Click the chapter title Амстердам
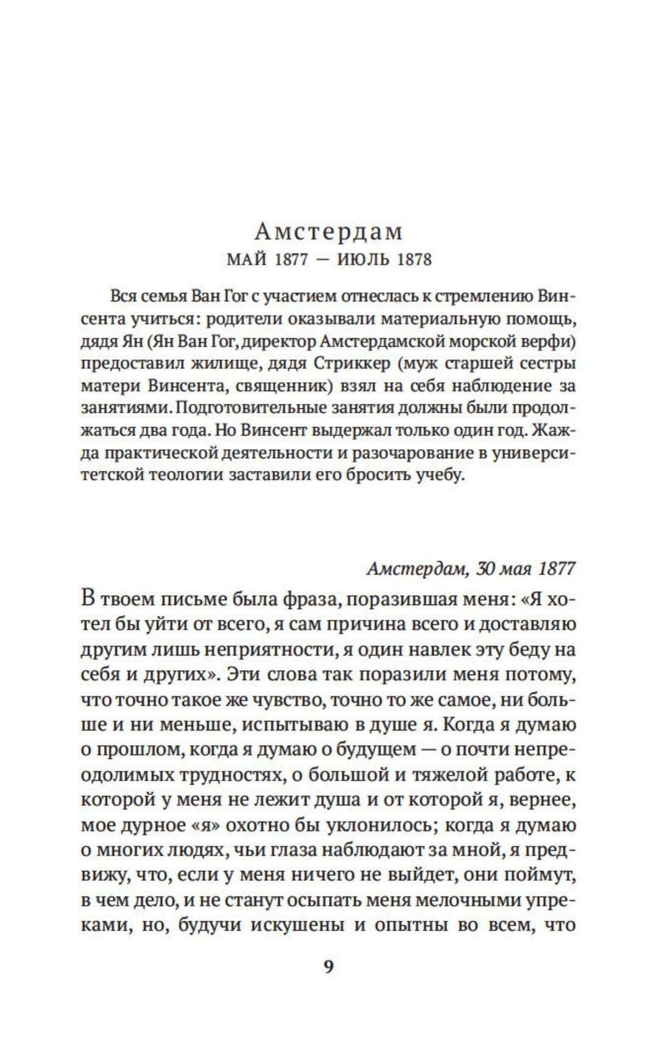tap(328, 231)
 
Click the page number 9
tap(328, 967)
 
